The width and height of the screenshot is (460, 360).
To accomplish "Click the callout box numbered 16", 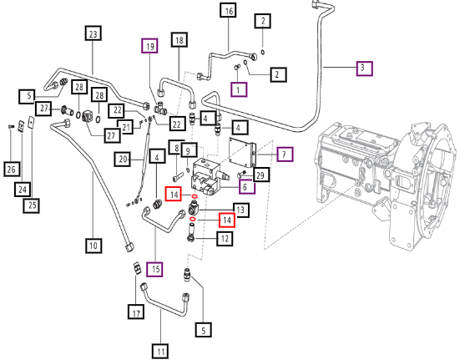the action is point(229,11).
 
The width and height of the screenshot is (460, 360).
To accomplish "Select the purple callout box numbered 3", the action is point(364,68).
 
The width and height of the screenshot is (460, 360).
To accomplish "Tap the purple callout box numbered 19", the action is point(149,46).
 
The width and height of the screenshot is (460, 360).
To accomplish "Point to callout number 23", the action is point(93,33).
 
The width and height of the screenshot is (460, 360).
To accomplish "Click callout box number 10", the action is point(94,246).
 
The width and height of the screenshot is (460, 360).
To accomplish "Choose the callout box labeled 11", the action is point(160,351).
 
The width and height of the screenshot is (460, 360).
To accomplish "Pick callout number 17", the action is point(136,312).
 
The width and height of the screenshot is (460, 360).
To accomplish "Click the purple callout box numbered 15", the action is point(155,269).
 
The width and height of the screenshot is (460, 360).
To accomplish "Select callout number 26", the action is point(12,169).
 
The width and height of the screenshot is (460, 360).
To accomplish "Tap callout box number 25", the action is point(32,205).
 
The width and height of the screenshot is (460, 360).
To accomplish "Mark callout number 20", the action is point(123,160).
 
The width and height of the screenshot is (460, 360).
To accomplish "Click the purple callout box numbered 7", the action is point(285,154).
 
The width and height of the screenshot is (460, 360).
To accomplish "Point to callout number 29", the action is point(260,175).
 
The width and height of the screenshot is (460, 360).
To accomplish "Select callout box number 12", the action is point(225,238).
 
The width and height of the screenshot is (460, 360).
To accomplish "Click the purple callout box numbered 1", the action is point(239,89).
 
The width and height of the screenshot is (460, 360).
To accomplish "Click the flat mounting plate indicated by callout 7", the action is point(243,153).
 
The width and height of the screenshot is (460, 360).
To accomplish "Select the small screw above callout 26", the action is point(11,126).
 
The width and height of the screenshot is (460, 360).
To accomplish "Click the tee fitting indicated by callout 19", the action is point(161,108).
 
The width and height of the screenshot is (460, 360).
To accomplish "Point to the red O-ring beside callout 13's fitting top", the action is point(195,196).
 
